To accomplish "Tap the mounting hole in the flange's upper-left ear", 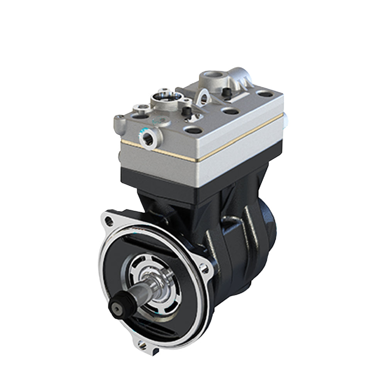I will (109, 221).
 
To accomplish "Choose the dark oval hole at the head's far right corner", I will (265, 94).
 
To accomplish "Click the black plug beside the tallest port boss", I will (227, 93).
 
